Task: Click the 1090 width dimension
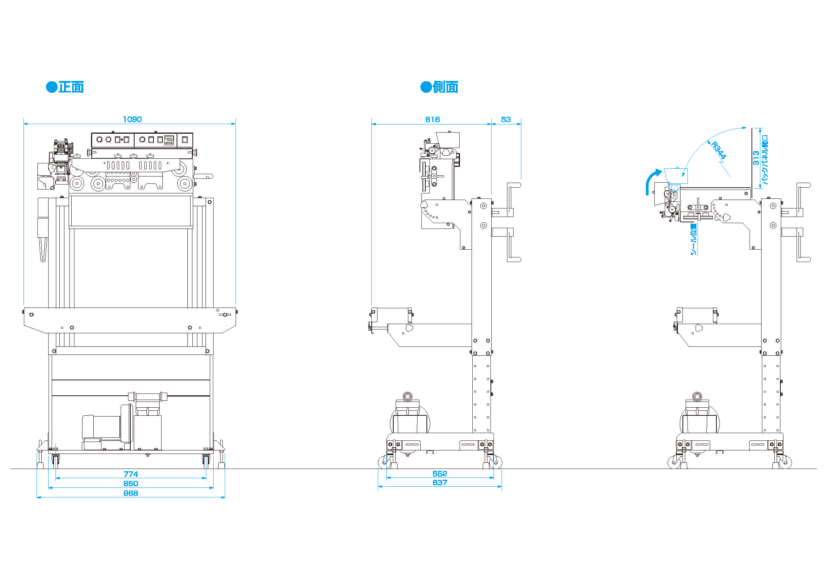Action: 132,119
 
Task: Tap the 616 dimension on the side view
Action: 432,120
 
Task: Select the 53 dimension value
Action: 505,120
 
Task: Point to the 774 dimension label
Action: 131,474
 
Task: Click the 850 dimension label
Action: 131,484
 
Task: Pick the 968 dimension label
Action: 131,494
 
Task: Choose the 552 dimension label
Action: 440,474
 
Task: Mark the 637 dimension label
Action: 440,483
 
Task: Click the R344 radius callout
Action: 718,150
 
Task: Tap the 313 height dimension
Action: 756,158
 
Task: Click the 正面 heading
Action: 71,87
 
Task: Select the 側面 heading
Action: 445,87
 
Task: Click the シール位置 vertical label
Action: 693,239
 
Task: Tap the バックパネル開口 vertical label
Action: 765,160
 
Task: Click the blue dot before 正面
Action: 52,87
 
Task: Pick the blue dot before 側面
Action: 426,87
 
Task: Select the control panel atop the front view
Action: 142,140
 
